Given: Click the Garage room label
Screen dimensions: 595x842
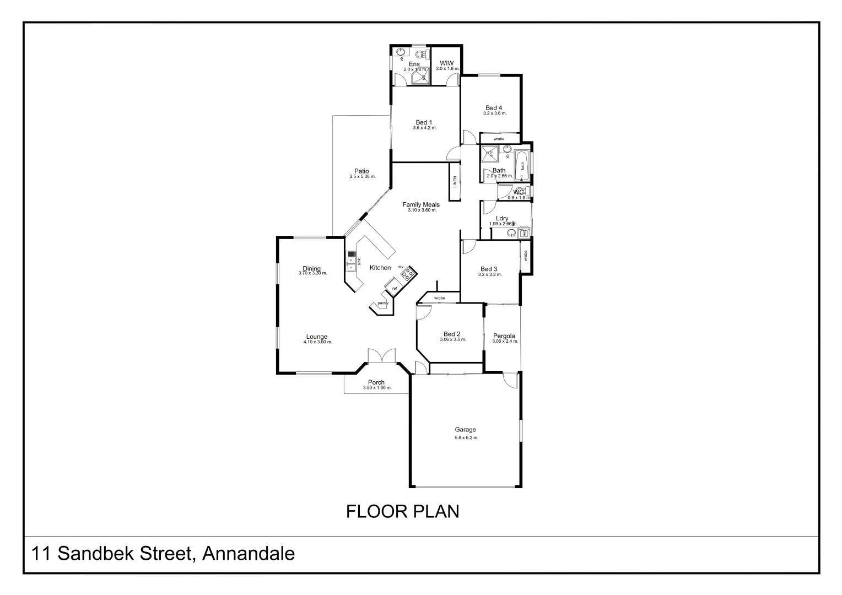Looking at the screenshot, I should [x=465, y=430].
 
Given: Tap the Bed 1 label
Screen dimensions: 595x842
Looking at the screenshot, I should [x=424, y=122].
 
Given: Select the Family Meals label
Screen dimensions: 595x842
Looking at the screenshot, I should [x=421, y=205].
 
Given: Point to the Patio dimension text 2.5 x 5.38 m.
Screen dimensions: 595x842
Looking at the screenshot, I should [x=362, y=177].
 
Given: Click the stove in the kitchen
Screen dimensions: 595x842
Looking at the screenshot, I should [x=408, y=273].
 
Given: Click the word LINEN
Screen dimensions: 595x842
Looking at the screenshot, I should [x=455, y=181].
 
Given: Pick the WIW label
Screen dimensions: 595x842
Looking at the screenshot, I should [x=446, y=63].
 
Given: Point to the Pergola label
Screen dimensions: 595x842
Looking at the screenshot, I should [x=504, y=336].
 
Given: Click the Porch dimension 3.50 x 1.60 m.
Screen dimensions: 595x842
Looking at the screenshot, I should [x=377, y=388].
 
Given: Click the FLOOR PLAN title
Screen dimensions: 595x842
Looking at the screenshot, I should [x=402, y=512].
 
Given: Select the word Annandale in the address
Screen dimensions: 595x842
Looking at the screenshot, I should [x=249, y=553].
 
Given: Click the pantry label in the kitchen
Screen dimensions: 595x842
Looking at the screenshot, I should [x=383, y=303].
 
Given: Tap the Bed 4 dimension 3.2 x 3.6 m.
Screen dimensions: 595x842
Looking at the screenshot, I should [x=494, y=113].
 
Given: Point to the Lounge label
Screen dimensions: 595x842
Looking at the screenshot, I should [x=317, y=337].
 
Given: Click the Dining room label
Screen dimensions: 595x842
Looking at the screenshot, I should [x=312, y=269].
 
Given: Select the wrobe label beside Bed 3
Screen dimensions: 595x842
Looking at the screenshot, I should [x=526, y=256].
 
